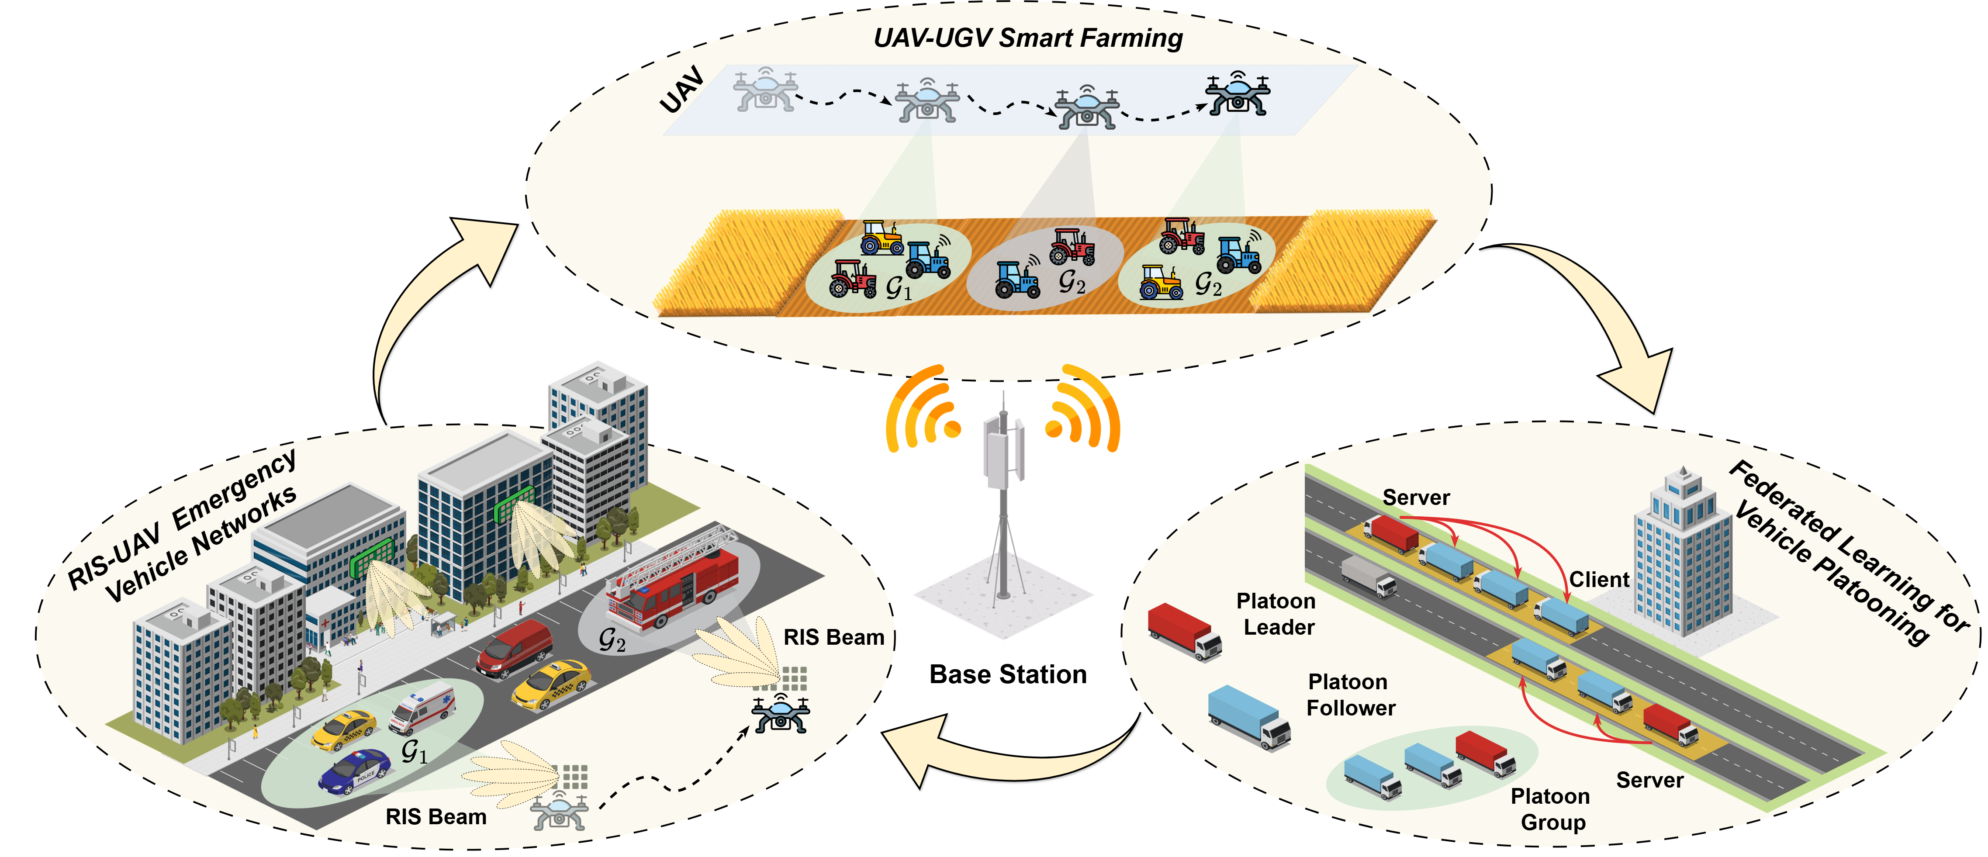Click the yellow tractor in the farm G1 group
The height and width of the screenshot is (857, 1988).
pyautogui.click(x=882, y=238)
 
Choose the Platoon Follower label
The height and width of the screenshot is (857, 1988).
pyautogui.click(x=1351, y=695)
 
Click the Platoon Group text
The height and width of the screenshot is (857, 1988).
pyautogui.click(x=1551, y=809)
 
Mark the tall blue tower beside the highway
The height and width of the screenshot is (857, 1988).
pyautogui.click(x=1683, y=556)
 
